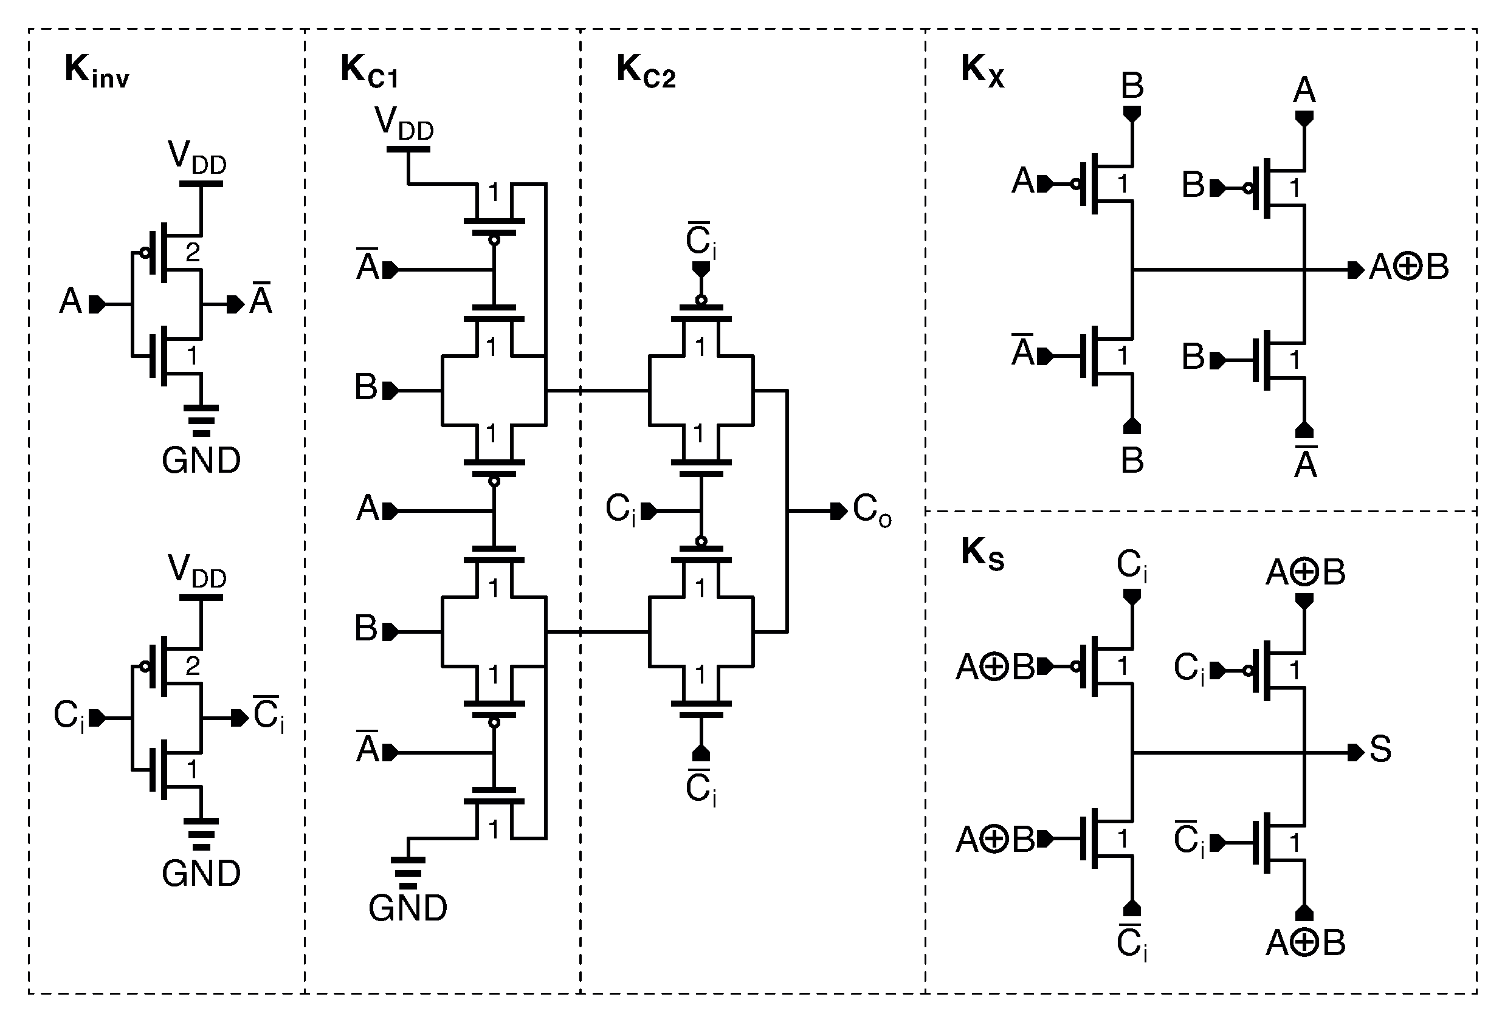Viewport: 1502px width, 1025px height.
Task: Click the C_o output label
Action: pos(871,511)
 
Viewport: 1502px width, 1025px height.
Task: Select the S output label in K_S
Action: pos(1380,750)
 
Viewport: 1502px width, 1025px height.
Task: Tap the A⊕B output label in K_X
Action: pos(1409,267)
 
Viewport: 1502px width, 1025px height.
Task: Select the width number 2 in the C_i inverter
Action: pos(193,666)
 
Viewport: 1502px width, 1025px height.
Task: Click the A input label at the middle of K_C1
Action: pos(368,509)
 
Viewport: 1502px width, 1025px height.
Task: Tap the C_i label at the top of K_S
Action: pos(1132,566)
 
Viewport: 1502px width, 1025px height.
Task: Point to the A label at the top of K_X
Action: pos(1304,91)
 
